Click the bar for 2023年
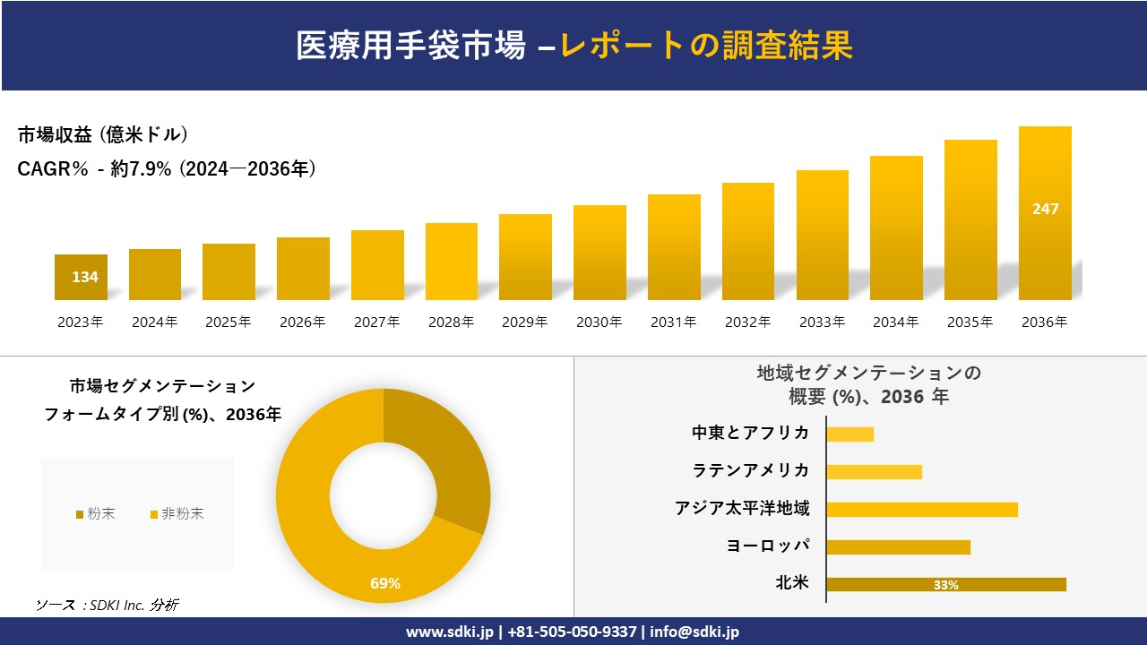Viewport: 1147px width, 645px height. click(81, 277)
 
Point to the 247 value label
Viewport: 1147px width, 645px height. click(1045, 209)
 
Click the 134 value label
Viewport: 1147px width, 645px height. click(85, 277)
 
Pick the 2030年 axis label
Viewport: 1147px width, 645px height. click(599, 322)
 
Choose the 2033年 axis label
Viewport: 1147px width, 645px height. click(822, 322)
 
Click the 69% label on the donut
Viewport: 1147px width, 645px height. click(385, 584)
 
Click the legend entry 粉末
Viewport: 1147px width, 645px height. click(95, 514)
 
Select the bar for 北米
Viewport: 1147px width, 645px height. click(945, 585)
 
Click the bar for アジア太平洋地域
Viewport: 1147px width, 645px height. click(921, 510)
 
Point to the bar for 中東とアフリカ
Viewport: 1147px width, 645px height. click(849, 434)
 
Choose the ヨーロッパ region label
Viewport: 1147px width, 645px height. click(768, 546)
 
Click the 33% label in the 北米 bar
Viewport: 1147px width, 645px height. click(945, 585)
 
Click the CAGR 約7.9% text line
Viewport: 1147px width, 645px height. click(167, 169)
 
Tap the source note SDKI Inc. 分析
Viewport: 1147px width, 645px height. click(107, 606)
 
